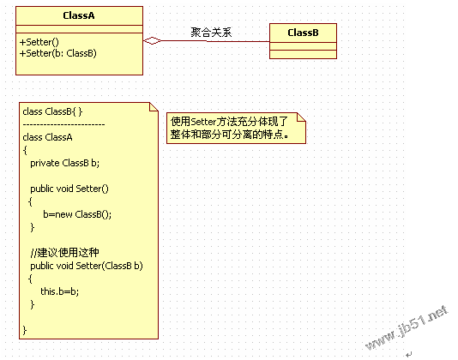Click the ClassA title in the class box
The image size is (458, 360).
coord(79,15)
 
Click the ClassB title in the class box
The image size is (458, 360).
coord(303,33)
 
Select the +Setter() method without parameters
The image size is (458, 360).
coord(39,42)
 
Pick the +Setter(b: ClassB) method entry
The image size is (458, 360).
coord(57,53)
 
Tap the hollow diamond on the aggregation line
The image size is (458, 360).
coord(152,41)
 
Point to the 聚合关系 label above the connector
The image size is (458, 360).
coord(211,32)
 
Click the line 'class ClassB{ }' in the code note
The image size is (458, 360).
coord(52,111)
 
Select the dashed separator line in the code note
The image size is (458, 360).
coord(63,124)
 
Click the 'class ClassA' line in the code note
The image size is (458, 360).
coord(47,137)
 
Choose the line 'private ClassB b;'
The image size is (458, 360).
coord(65,163)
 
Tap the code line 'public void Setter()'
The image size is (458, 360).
coord(69,189)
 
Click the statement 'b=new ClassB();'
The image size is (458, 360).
coord(77,214)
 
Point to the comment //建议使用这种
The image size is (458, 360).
coord(64,253)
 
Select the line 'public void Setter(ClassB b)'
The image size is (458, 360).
coord(87,266)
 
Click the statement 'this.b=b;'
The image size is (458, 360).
coord(59,291)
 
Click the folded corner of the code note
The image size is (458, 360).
coord(154,107)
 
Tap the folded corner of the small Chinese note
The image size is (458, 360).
coord(301,117)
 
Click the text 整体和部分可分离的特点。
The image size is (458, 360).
coord(230,135)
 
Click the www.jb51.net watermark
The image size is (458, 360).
coord(407,327)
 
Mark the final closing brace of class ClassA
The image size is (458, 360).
coord(25,330)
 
